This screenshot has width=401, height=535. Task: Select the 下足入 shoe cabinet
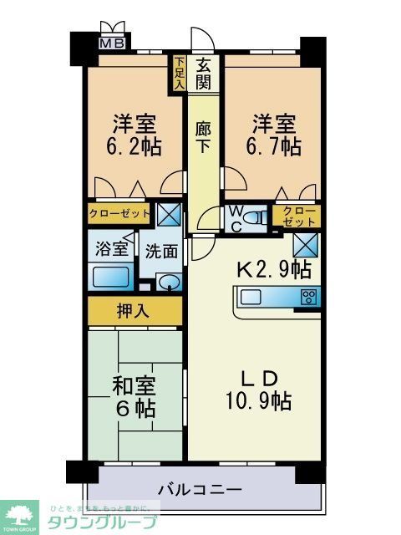[x=180, y=73]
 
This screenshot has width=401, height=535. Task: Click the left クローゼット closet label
[x=119, y=213]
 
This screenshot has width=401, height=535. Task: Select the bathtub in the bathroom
[x=110, y=276]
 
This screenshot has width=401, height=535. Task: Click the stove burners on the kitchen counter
[x=308, y=296]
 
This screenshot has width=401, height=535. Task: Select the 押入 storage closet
[x=135, y=311]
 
